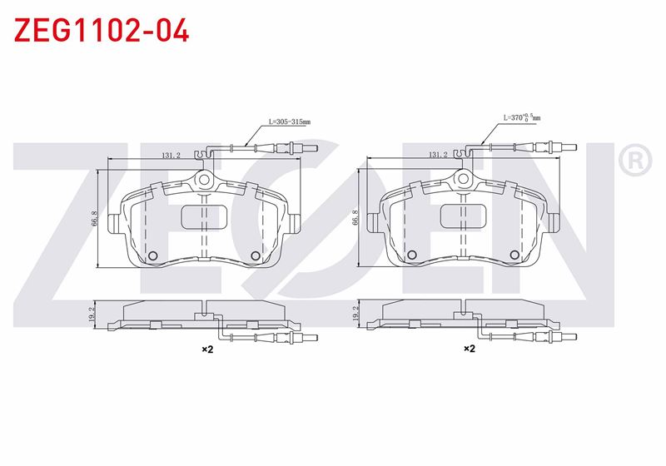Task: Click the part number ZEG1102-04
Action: (102, 30)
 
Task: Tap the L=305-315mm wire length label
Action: (289, 121)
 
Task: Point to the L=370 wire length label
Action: (522, 117)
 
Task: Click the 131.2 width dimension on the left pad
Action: (171, 156)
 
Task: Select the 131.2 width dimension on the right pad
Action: (438, 155)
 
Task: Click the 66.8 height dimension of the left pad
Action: (94, 219)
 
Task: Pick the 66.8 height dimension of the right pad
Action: (355, 218)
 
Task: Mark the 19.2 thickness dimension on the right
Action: (355, 314)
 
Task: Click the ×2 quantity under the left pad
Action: (207, 349)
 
